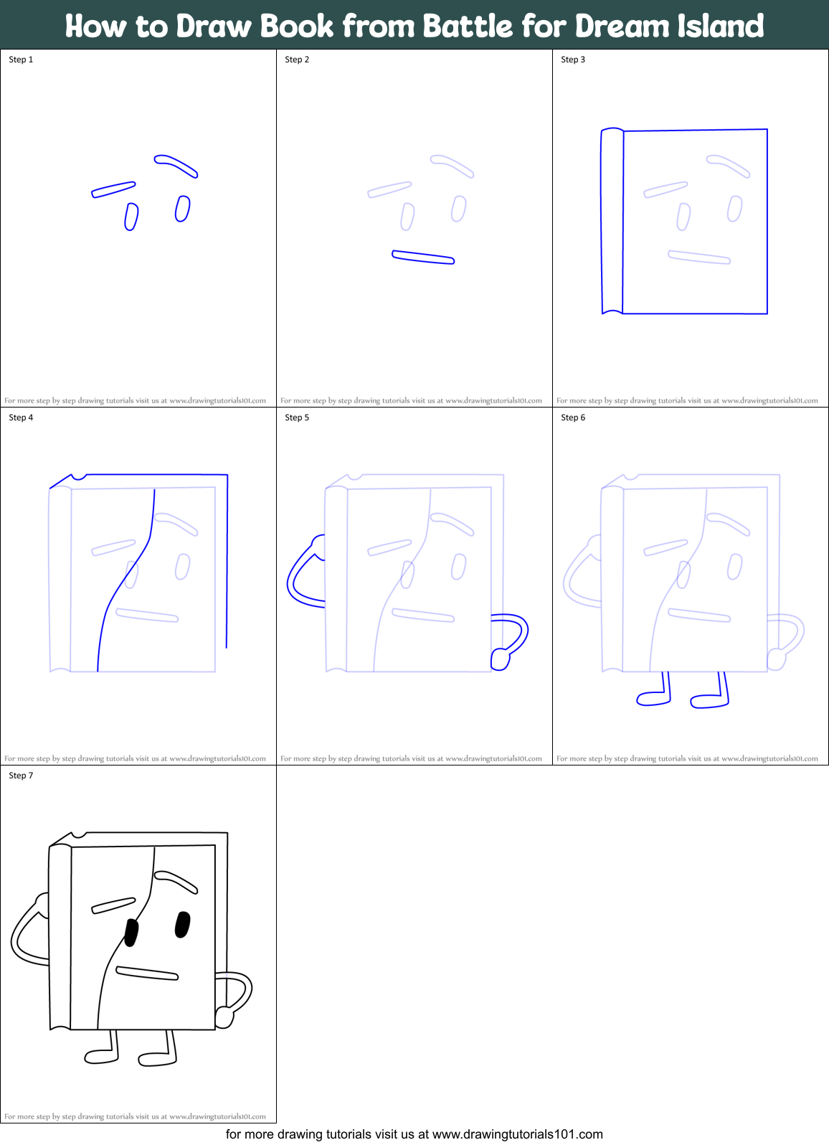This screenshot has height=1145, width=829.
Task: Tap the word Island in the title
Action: tap(720, 26)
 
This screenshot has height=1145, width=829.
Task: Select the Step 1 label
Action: tap(21, 60)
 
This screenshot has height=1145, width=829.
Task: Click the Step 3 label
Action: tap(573, 60)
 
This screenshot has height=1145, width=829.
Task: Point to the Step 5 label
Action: tap(297, 417)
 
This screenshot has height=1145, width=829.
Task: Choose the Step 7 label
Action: tap(21, 776)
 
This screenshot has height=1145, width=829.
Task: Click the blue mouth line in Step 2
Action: tap(423, 257)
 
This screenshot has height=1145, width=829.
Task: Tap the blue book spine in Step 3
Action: tap(612, 221)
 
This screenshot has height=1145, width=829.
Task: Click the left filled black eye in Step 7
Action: tap(131, 933)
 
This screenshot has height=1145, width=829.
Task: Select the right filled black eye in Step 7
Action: tap(182, 924)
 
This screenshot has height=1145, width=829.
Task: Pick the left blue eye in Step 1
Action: tap(131, 217)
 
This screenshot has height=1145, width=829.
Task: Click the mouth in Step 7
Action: tap(147, 973)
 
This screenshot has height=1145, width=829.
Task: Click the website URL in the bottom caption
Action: tap(518, 1134)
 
